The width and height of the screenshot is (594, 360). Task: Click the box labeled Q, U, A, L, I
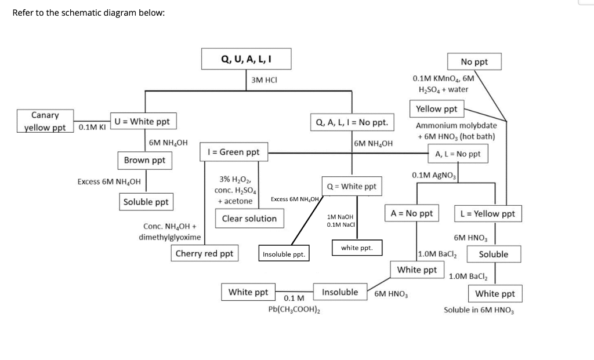coord(247,59)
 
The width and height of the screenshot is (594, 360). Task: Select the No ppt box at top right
coord(475,61)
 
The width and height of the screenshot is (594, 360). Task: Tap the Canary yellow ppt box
coord(45,121)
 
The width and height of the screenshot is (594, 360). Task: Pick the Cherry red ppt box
coord(204,253)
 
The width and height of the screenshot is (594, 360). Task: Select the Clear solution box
coord(249,219)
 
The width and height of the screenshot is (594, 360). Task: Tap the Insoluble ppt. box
coord(284,254)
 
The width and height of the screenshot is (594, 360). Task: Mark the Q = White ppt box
coord(352,186)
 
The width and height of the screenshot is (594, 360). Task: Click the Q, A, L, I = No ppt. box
coord(352,123)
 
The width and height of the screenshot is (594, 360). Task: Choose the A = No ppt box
coord(412,213)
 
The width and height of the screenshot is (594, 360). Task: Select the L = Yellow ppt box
coord(487,213)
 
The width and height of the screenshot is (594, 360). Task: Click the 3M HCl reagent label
coord(265,80)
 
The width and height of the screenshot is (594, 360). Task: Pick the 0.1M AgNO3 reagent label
coord(434,175)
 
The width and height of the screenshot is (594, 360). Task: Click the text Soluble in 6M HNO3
coord(479,310)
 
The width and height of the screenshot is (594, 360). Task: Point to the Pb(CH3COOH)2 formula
coord(294,310)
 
